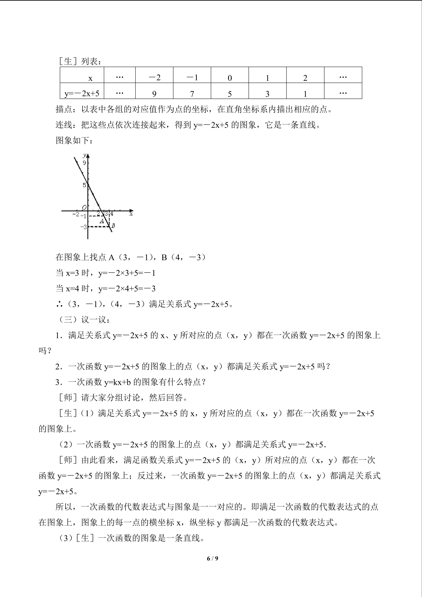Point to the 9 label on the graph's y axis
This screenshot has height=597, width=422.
click(x=84, y=163)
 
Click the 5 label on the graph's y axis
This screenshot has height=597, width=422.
click(x=84, y=185)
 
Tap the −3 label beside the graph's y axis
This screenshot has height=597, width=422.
click(x=84, y=227)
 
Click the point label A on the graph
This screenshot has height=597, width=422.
click(x=102, y=221)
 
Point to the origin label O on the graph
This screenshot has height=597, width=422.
click(x=84, y=207)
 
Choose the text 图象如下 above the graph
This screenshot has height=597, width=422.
click(x=72, y=140)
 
